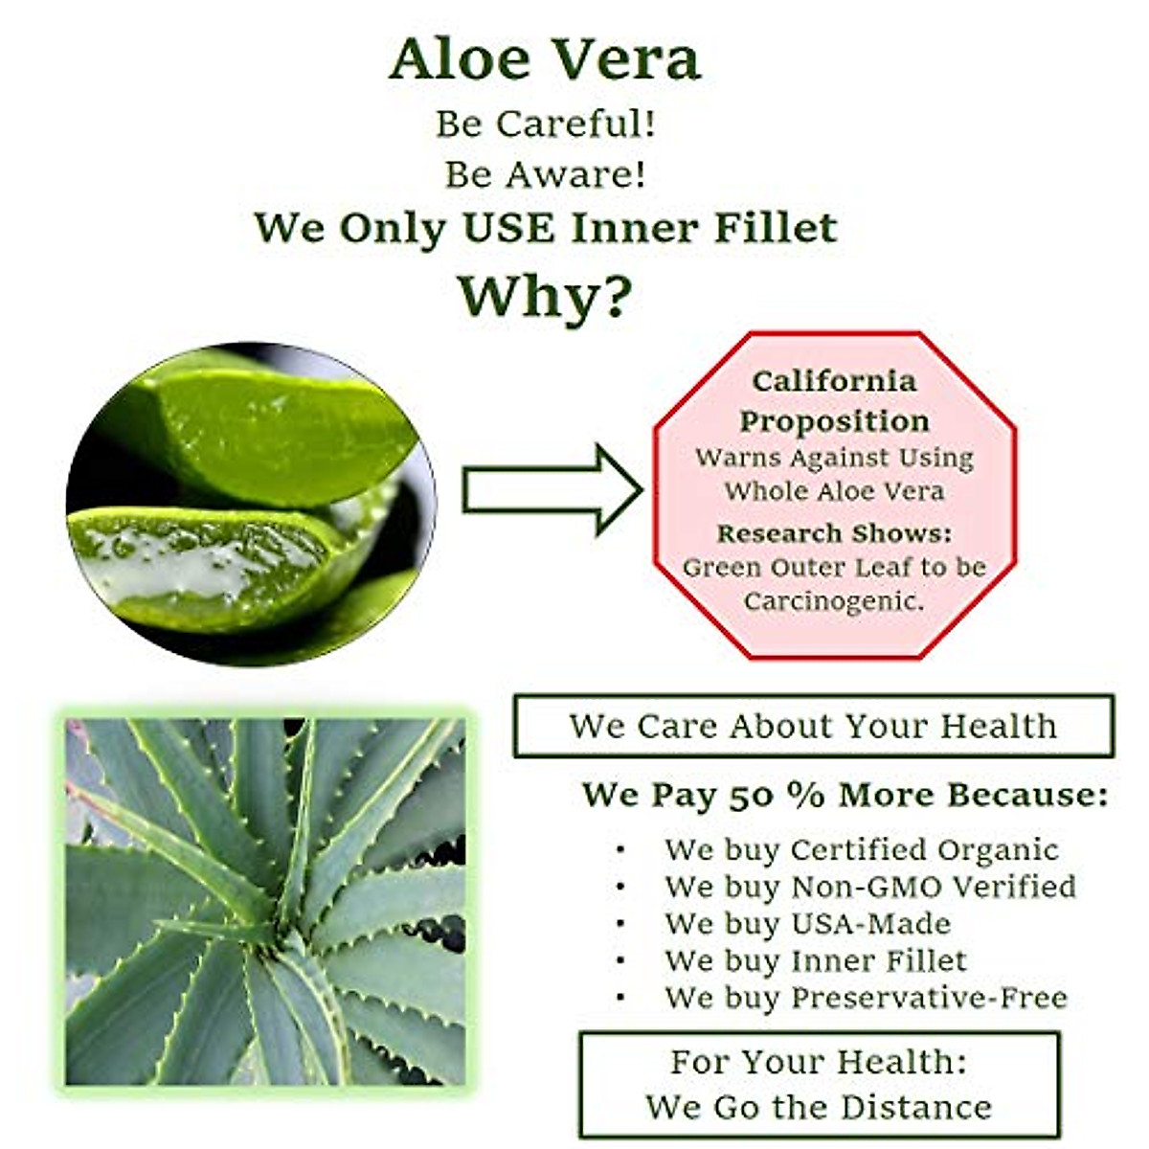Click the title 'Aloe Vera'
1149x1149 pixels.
(x=545, y=59)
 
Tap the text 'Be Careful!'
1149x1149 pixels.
(x=545, y=124)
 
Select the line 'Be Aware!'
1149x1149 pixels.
(x=545, y=174)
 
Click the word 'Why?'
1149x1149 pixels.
(x=545, y=298)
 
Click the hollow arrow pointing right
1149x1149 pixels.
(x=552, y=489)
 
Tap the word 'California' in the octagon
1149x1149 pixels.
(x=834, y=382)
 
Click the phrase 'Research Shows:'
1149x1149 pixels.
(x=834, y=533)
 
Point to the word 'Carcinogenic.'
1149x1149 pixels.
(x=834, y=600)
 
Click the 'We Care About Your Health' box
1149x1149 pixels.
(x=813, y=726)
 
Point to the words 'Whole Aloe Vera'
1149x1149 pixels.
(x=834, y=491)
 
